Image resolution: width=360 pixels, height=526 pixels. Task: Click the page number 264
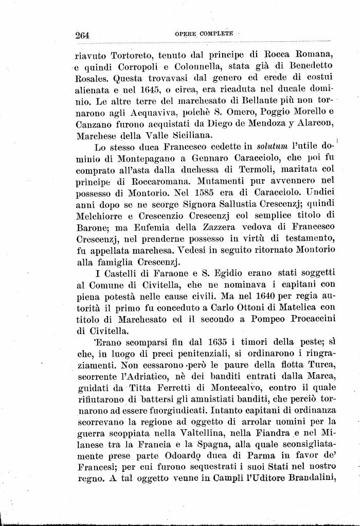[82, 35]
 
